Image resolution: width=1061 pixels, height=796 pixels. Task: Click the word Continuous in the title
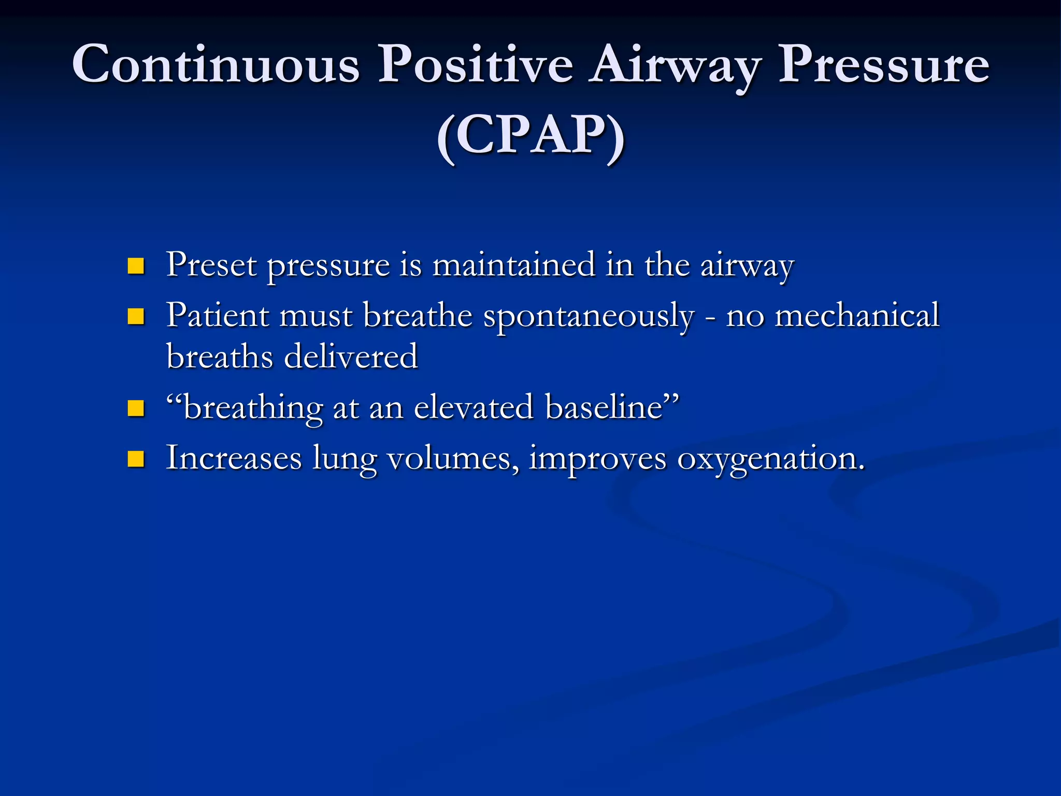(216, 65)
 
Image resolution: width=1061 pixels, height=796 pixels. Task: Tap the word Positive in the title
(475, 65)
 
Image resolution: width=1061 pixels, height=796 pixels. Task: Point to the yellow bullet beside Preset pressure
(136, 266)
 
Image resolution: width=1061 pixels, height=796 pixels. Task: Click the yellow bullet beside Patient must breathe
(136, 316)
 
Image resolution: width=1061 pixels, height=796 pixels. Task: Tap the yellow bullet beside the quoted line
(136, 408)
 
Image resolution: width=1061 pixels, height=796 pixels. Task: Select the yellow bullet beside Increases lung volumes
(136, 459)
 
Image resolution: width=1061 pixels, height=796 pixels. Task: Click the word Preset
(211, 265)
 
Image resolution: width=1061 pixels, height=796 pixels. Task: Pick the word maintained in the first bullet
(513, 265)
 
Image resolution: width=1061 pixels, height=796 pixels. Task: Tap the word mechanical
(856, 316)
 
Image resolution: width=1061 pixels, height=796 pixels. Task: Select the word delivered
(351, 357)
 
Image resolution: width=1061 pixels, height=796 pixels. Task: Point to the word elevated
(474, 407)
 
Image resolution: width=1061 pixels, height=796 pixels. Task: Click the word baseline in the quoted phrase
(605, 407)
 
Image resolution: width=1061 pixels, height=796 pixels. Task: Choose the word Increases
(234, 458)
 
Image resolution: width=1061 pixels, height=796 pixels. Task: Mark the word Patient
(218, 316)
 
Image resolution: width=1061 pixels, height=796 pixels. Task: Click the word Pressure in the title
(884, 65)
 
